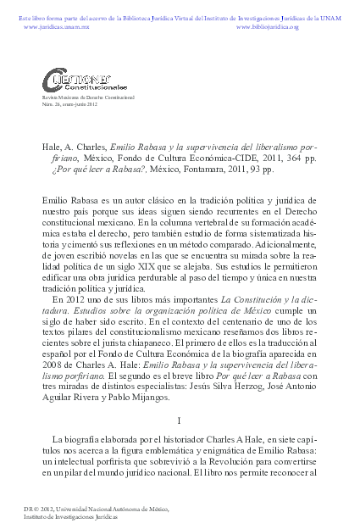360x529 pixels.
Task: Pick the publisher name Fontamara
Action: point(196,170)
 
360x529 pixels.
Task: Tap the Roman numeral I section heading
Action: point(180,419)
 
